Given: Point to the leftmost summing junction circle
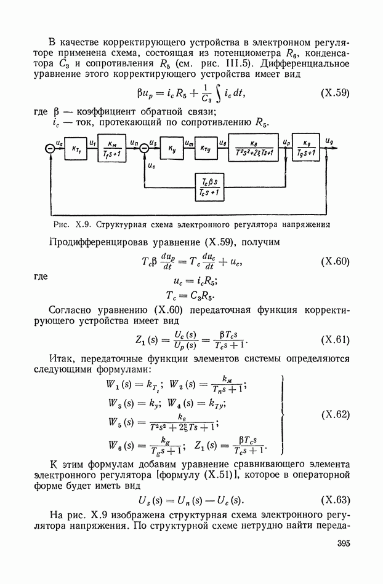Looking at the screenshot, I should (50, 149).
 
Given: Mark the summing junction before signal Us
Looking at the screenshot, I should (143, 149).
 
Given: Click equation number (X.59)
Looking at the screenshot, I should (336, 93).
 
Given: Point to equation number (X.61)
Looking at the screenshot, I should (336, 340).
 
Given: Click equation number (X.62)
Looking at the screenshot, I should (336, 414).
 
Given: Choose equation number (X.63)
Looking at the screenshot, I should (336, 499).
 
